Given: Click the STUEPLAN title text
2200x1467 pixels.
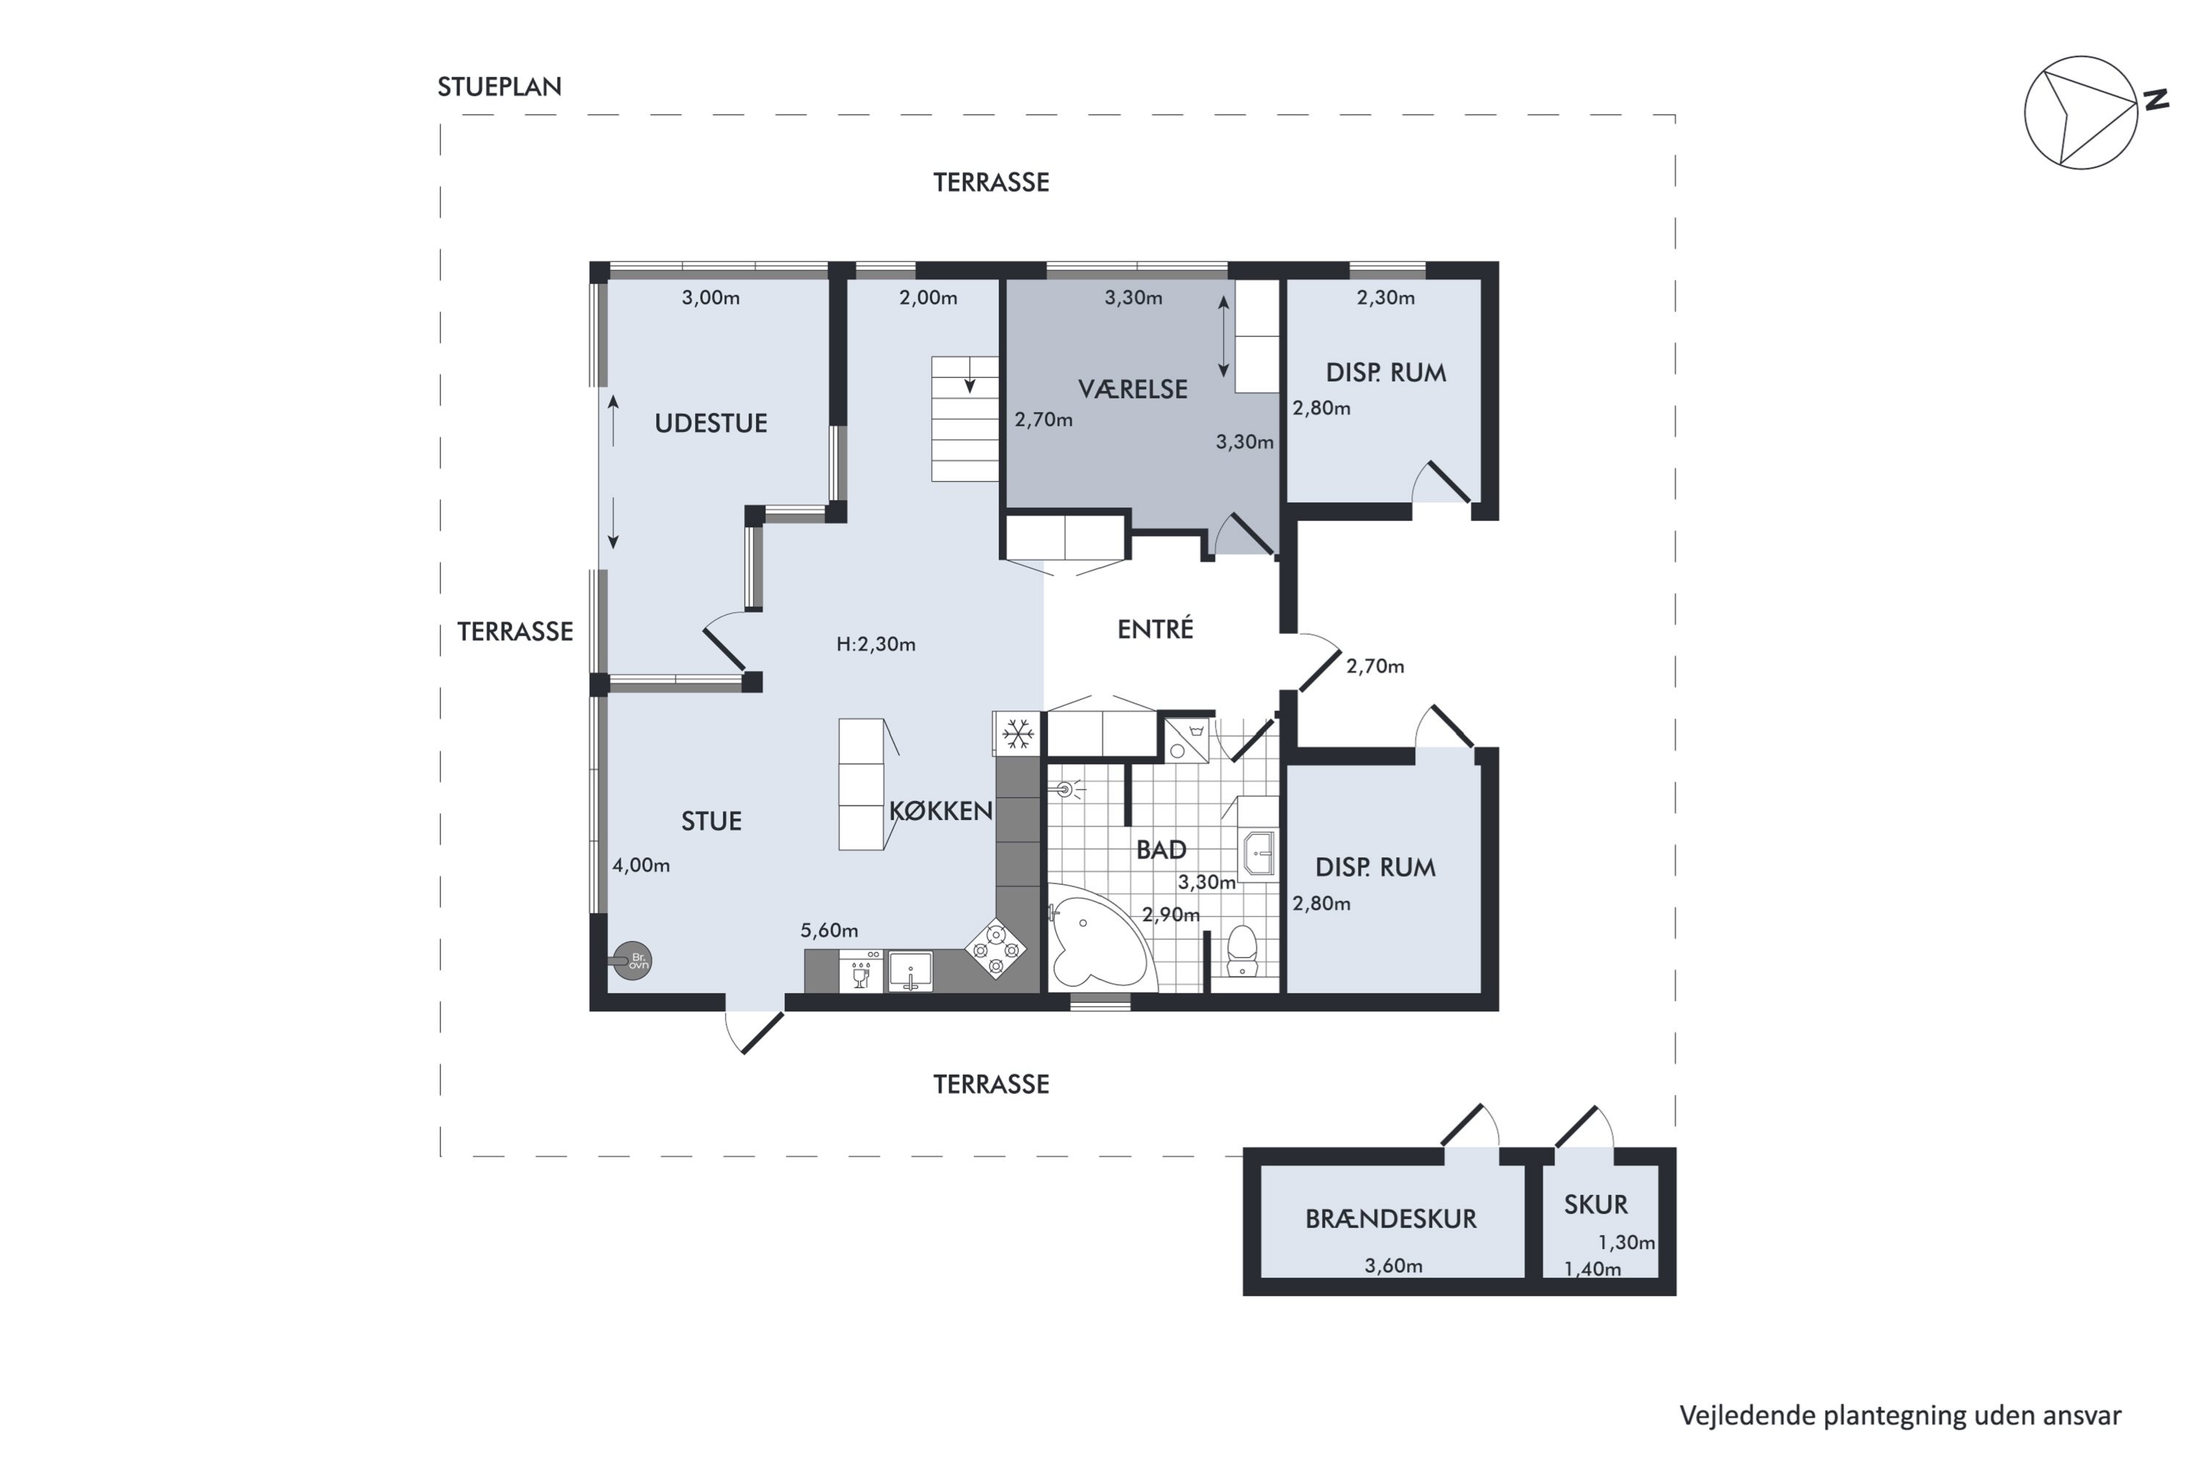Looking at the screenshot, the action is [x=499, y=87].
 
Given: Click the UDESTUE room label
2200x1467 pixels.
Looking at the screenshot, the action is [x=711, y=423].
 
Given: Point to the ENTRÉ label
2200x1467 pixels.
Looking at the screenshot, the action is [x=1155, y=629].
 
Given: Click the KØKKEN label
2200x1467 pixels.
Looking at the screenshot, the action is [x=941, y=811].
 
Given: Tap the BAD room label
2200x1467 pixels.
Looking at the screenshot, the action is [x=1161, y=849].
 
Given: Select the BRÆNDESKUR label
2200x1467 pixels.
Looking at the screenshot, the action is [x=1391, y=1218].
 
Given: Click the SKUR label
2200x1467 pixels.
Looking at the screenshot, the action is [x=1596, y=1204].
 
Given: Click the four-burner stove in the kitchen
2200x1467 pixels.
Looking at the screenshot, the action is [x=995, y=950].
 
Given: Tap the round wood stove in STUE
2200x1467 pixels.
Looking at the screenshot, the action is [x=631, y=960].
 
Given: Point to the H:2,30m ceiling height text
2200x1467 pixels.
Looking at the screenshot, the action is [x=876, y=644].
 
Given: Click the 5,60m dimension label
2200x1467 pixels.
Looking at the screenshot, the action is [x=829, y=930].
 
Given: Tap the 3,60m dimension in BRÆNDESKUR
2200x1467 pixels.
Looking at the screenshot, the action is [x=1394, y=1266].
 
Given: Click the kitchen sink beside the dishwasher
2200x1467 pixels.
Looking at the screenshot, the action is [x=910, y=971].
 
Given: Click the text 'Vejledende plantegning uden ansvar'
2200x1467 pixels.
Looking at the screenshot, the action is [x=1901, y=1416].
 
